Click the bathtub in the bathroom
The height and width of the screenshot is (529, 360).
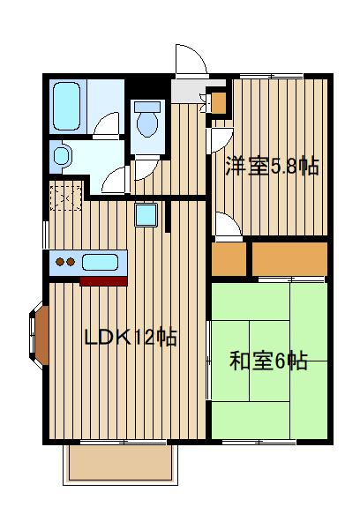pyautogui.click(x=67, y=106)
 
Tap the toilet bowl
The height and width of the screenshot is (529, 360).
pyautogui.click(x=147, y=123)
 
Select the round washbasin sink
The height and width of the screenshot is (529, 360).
pyautogui.click(x=61, y=157)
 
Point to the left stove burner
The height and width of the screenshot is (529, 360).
pyautogui.click(x=59, y=261)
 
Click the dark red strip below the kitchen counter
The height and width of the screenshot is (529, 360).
pyautogui.click(x=104, y=281)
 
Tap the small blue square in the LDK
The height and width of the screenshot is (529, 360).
pyautogui.click(x=146, y=215)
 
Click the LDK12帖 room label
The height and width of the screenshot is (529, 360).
pyautogui.click(x=131, y=338)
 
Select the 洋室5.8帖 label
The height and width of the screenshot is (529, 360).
pyautogui.click(x=271, y=166)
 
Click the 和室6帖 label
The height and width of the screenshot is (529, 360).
pyautogui.click(x=268, y=361)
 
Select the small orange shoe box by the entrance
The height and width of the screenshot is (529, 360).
pyautogui.click(x=219, y=101)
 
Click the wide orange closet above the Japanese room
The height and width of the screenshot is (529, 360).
pyautogui.click(x=289, y=257)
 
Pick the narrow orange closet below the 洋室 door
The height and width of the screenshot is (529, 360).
pyautogui.click(x=228, y=257)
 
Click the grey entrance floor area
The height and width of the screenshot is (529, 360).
pyautogui.click(x=188, y=90)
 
